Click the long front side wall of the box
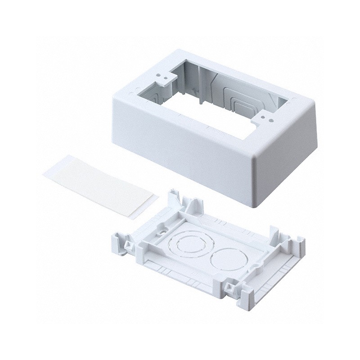(x=180, y=153)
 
